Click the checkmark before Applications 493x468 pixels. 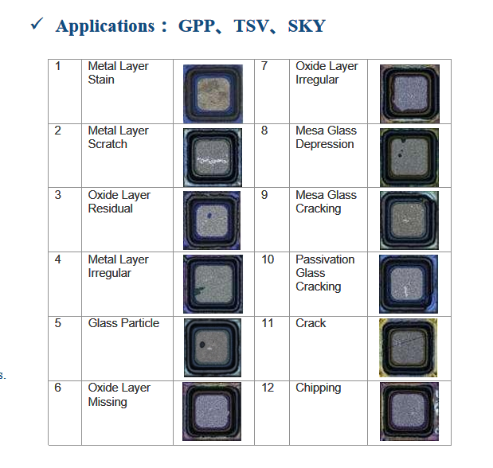pos(36,25)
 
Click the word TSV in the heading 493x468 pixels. pos(251,25)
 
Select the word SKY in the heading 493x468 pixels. pos(306,25)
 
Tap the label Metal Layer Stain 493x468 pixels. pos(118,72)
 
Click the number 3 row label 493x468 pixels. pos(57,195)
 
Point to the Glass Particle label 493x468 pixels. pos(123,323)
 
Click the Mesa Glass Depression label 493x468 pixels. pos(326,137)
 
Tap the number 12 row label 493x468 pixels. pos(268,388)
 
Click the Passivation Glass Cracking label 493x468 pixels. pos(325,273)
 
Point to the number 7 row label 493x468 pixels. pos(264,66)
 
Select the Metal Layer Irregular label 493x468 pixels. pos(118,266)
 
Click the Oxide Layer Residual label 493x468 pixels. pos(118,201)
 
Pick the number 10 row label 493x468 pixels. pos(268,259)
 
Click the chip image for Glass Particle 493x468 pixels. pos(213,348)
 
